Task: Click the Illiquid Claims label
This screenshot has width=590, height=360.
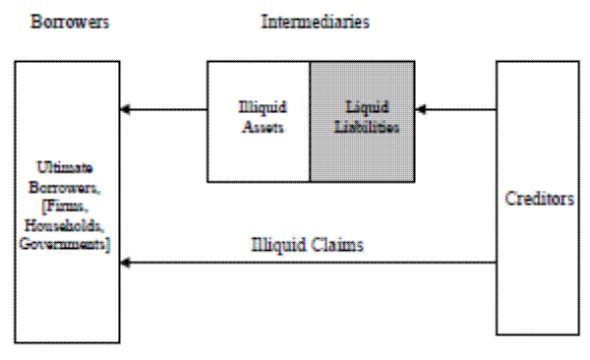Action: (308, 245)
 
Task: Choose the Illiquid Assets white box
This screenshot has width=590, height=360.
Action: (258, 121)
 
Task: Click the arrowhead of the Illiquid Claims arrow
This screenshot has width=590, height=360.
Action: (127, 263)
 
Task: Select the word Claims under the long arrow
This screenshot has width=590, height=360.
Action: (335, 245)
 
